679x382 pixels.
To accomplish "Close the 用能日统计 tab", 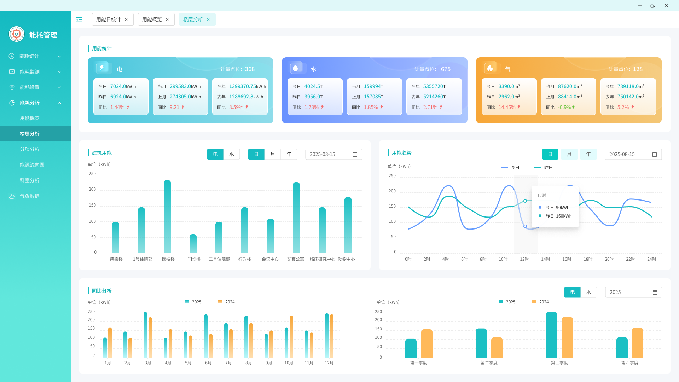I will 126,19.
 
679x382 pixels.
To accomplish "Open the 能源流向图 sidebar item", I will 32,165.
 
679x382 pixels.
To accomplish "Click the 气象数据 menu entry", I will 30,196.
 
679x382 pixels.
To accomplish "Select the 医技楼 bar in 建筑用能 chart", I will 167,216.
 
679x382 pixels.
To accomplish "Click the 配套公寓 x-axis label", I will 296,259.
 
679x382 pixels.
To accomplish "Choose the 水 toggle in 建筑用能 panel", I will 232,154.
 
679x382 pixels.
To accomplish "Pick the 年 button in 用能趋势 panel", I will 588,154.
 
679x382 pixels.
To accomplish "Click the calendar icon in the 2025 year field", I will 655,292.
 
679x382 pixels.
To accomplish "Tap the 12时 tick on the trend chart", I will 524,259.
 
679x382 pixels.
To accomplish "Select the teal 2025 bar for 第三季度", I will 552,335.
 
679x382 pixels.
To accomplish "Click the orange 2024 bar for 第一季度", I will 427,343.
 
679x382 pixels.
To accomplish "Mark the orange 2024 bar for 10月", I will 291,336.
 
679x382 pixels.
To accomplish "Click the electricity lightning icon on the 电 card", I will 102,68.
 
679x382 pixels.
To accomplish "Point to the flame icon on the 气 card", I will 490,68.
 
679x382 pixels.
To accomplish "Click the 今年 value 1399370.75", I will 243,86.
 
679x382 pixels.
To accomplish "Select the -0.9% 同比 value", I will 564,107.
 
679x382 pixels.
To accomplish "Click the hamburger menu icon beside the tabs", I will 79,19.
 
